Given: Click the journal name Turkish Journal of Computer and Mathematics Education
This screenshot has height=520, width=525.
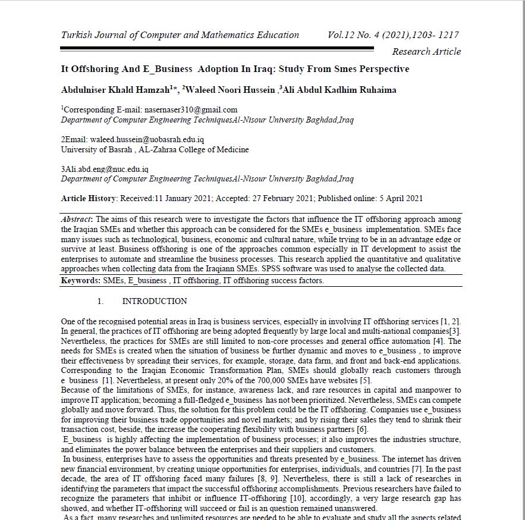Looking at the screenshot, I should (180, 35).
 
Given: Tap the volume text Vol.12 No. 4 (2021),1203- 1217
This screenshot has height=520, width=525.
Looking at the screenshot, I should (393, 35).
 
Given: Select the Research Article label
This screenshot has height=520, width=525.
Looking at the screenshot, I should (426, 52).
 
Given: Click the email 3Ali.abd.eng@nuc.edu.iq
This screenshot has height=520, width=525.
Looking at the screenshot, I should (105, 169).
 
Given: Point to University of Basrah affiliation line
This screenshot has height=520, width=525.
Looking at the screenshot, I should (155, 149).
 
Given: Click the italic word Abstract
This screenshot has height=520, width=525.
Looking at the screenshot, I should (77, 219).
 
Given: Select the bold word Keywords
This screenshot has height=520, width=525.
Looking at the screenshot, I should (80, 281).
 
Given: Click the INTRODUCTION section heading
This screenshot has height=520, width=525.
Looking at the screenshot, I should (155, 301).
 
